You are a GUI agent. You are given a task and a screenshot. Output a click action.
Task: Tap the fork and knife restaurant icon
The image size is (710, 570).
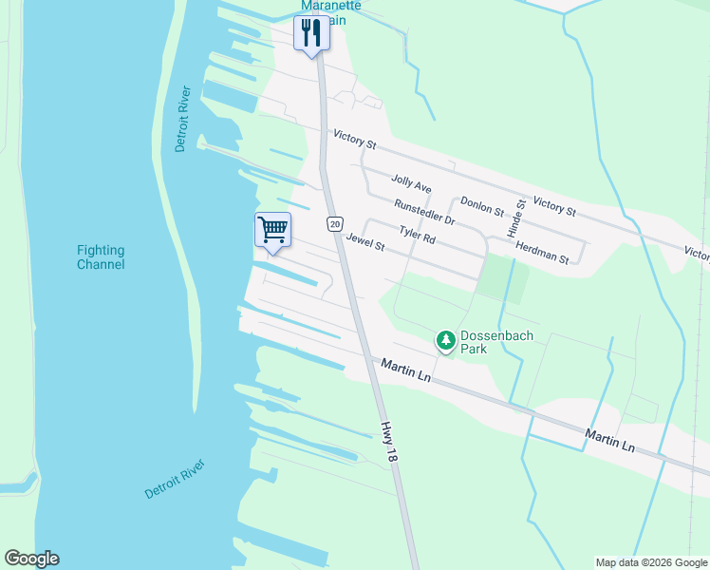point(311,34)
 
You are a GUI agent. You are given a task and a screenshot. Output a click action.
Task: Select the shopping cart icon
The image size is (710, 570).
point(272,229)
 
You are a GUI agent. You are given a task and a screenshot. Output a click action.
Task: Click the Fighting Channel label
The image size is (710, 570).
point(101,257)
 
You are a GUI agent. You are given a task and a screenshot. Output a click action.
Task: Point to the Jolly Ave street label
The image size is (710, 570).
point(411,183)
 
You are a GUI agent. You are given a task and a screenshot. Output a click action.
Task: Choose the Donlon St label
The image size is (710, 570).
point(482,206)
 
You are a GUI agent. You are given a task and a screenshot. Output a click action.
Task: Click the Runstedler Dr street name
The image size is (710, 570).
point(425,212)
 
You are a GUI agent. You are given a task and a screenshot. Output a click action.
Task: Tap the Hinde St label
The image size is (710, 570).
point(519,218)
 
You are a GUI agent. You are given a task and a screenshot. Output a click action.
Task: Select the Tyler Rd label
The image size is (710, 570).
point(417,234)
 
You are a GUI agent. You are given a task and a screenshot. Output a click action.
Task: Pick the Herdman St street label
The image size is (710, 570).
point(542,251)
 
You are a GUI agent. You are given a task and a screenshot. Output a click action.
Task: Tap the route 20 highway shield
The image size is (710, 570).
point(334,224)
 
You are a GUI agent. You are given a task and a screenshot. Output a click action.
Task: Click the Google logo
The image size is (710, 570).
point(31,559)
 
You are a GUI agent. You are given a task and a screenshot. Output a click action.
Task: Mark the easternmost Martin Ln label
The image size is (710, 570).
point(610,439)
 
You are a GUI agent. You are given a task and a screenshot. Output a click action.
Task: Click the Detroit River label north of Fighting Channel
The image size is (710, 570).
point(183,119)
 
